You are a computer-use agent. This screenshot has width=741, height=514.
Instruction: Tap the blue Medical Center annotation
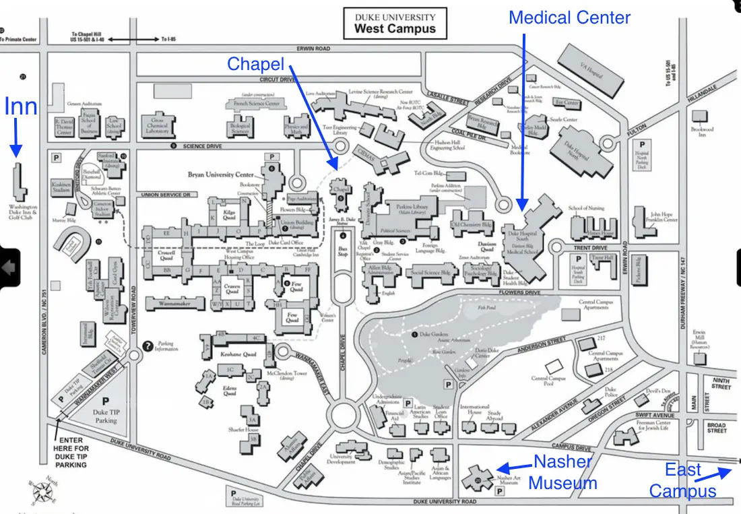coord(569,18)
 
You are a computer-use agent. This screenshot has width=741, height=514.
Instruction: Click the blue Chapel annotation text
coord(255,64)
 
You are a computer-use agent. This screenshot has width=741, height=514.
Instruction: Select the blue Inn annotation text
coord(21,106)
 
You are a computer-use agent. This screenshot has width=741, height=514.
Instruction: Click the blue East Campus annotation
coord(683,480)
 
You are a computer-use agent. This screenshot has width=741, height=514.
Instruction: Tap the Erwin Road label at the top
coord(313,49)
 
